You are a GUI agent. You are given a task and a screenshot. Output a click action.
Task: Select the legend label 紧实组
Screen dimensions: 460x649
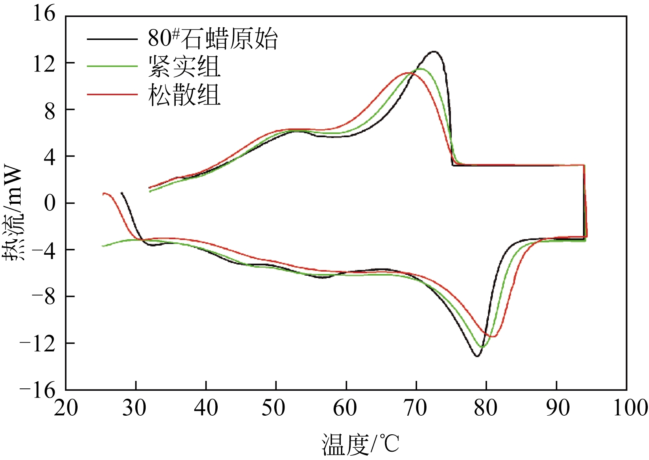click(184, 66)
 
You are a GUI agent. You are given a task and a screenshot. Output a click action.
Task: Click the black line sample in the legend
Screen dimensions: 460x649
click(112, 39)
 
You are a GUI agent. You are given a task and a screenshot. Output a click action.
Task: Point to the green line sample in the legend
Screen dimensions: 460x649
click(112, 66)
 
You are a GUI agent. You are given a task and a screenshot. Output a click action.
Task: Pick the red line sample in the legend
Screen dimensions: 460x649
click(112, 95)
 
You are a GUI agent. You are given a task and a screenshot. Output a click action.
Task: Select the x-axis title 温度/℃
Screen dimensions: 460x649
click(360, 444)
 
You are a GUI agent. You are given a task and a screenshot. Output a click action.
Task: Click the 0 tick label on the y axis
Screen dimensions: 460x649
click(49, 203)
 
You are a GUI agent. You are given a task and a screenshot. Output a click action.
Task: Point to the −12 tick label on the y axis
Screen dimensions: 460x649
click(37, 344)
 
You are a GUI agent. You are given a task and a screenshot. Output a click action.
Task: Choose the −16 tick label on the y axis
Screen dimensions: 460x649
click(37, 391)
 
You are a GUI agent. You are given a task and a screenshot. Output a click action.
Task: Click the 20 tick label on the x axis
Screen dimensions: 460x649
click(66, 408)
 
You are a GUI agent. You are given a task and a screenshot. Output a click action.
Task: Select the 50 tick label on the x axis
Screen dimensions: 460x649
click(274, 408)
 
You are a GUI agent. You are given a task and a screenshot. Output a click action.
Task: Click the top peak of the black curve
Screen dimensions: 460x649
click(434, 51)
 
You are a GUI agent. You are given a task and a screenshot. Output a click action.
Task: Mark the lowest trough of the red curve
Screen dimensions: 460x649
click(492, 337)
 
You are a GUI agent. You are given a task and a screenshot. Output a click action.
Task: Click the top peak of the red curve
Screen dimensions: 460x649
click(408, 73)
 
